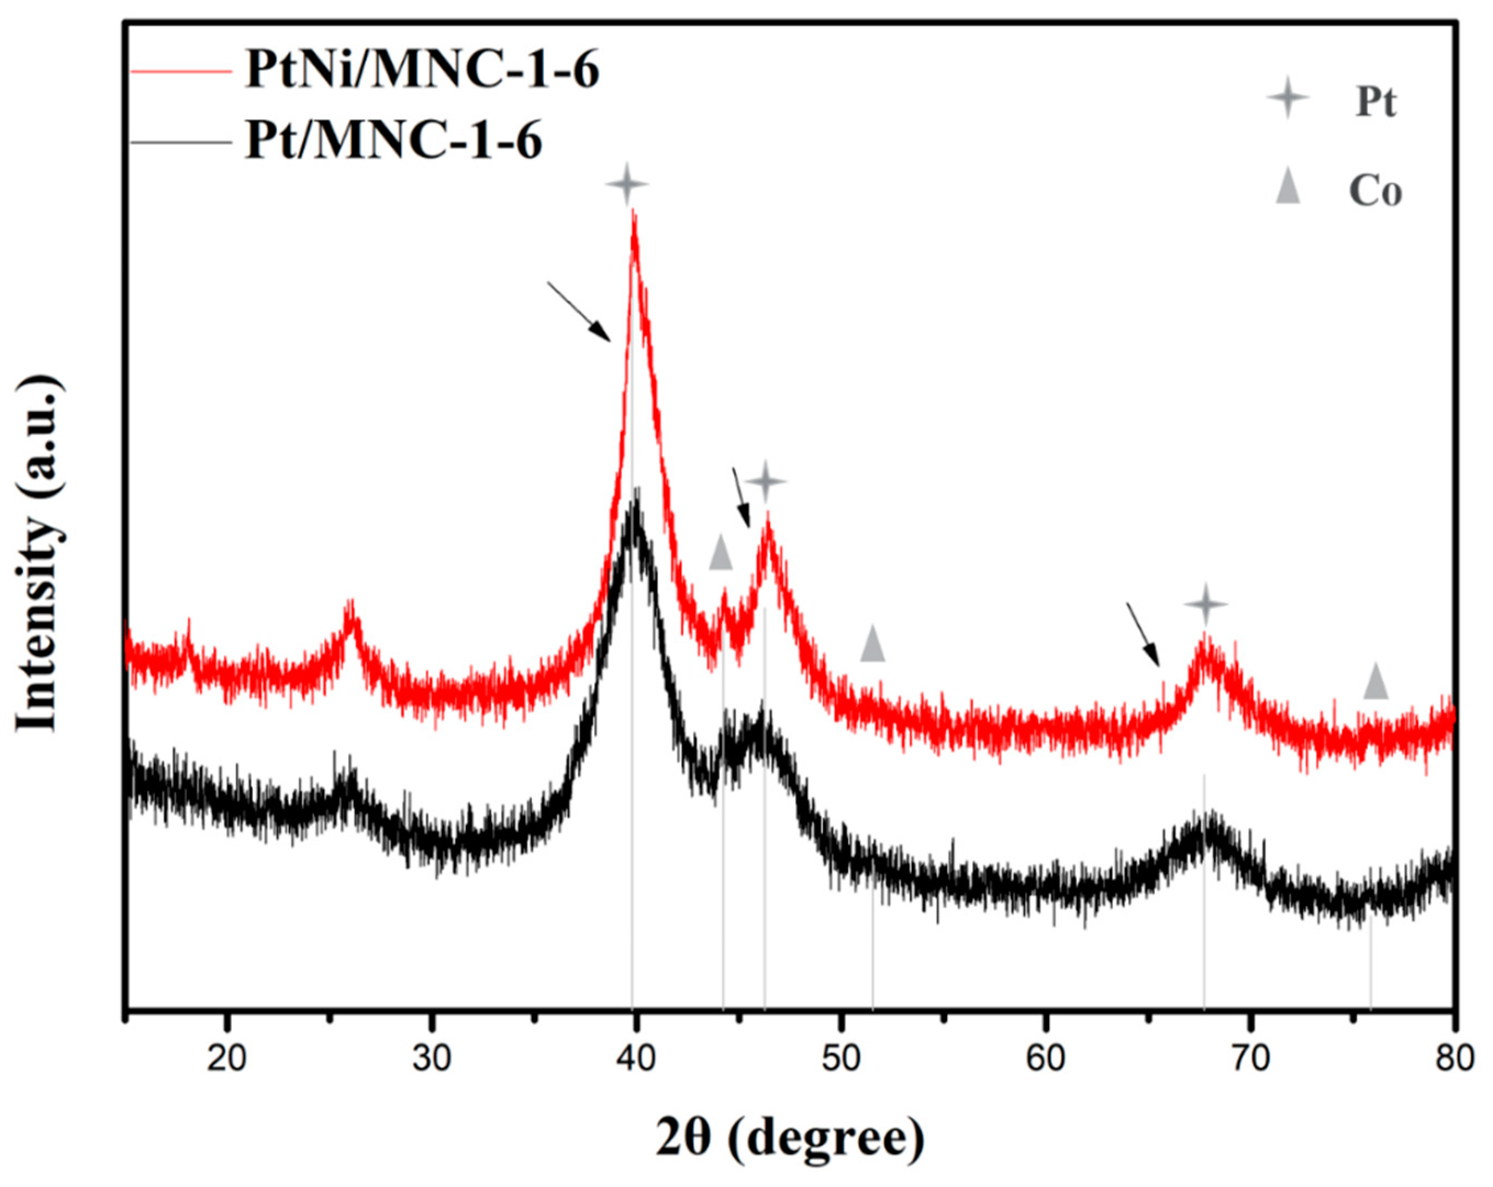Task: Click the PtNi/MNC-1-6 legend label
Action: tap(421, 72)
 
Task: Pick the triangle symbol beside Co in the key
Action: tap(1288, 188)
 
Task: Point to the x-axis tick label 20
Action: tap(227, 1060)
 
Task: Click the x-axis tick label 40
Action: tap(636, 1060)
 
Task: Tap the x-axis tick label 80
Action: tap(1453, 1060)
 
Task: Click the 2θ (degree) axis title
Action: tap(789, 1139)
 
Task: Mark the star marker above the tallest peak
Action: tap(627, 183)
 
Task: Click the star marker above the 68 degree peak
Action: tap(1206, 604)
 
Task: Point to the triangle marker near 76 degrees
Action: tap(1376, 682)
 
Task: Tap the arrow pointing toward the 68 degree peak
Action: tap(1143, 634)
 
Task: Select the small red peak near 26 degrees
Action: tap(351, 609)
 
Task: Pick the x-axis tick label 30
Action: tap(431, 1060)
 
